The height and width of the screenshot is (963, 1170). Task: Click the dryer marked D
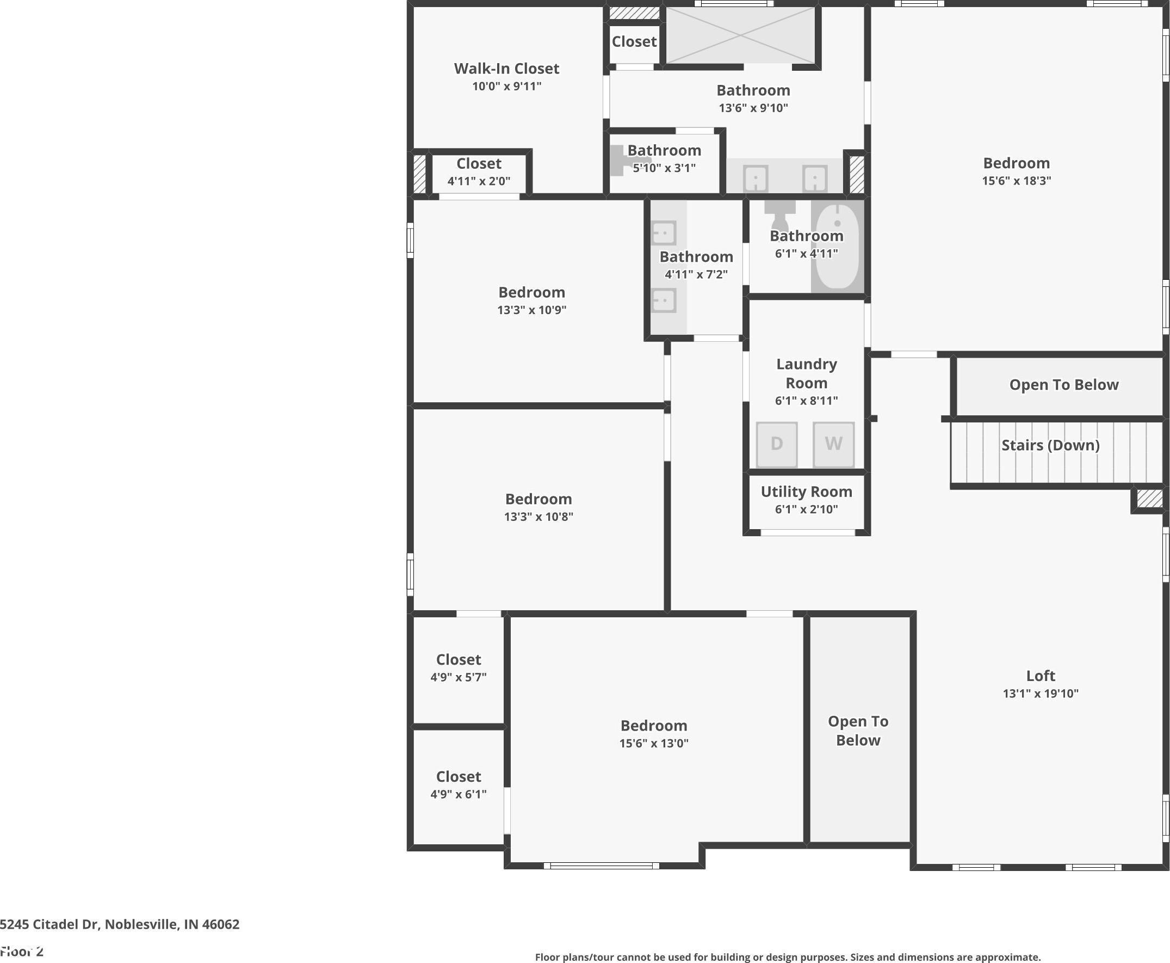[x=777, y=444]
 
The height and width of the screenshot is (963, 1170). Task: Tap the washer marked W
[x=833, y=444]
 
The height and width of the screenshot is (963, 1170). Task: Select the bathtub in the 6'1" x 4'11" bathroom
[x=837, y=246]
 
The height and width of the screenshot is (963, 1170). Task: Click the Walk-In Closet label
[x=506, y=68]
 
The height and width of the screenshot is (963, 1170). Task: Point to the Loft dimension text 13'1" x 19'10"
[x=1041, y=693]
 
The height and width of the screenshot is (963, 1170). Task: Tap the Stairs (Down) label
[x=1050, y=445]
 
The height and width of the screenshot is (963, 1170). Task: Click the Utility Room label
[x=807, y=492]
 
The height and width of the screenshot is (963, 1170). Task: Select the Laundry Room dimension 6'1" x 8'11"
[x=807, y=401]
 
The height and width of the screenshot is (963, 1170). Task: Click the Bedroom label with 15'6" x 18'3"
[x=1017, y=163]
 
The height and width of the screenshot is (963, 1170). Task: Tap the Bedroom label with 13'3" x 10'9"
[x=531, y=292]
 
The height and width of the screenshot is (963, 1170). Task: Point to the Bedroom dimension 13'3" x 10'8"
[x=538, y=517]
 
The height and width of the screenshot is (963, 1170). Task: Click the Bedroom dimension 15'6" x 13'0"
[x=654, y=743]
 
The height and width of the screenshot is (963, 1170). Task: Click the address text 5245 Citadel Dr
[x=50, y=924]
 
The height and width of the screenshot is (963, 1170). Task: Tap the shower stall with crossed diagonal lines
[x=740, y=35]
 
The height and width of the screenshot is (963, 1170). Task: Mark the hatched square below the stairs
[x=1149, y=498]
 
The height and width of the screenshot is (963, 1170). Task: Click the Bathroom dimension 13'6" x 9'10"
[x=753, y=108]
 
